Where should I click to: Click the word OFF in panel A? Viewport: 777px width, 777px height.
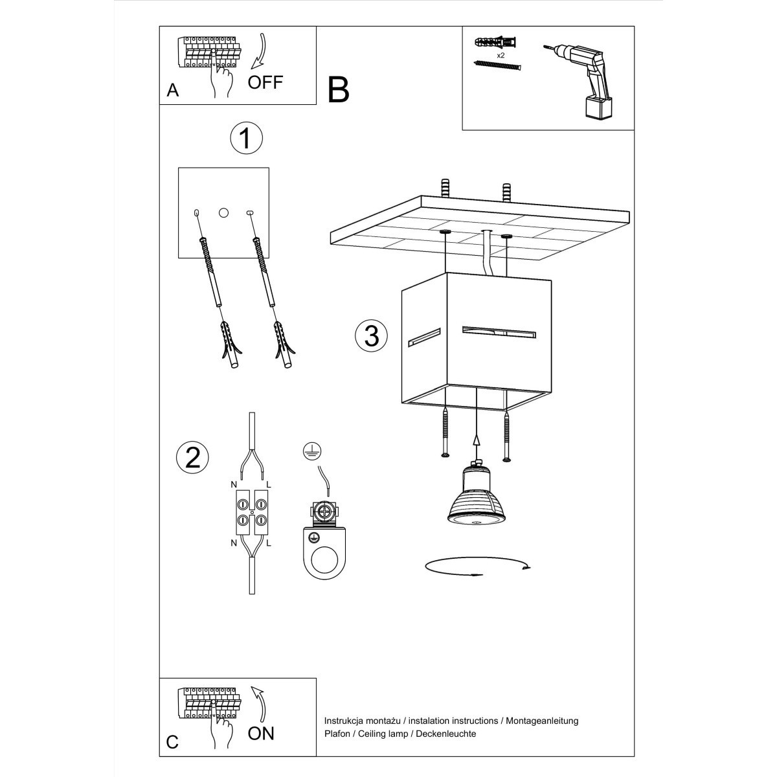pos(265,82)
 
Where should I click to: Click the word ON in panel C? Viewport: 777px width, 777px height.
pos(261,733)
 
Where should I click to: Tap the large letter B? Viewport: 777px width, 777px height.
pos(338,91)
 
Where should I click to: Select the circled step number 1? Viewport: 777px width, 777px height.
pos(245,139)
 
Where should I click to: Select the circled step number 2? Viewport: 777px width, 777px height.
pos(192,457)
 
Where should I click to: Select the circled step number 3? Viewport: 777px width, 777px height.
pos(372,336)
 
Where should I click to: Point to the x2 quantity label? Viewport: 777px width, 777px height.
pos(501,56)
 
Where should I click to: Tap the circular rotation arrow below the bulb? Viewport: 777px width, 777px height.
pos(477,567)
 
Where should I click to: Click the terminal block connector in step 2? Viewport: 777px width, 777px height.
pos(251,512)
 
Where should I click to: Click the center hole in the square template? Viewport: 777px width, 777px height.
pos(224,212)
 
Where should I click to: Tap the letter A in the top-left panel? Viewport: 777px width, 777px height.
pos(172,91)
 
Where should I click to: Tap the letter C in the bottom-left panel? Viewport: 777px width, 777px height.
pos(172,741)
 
